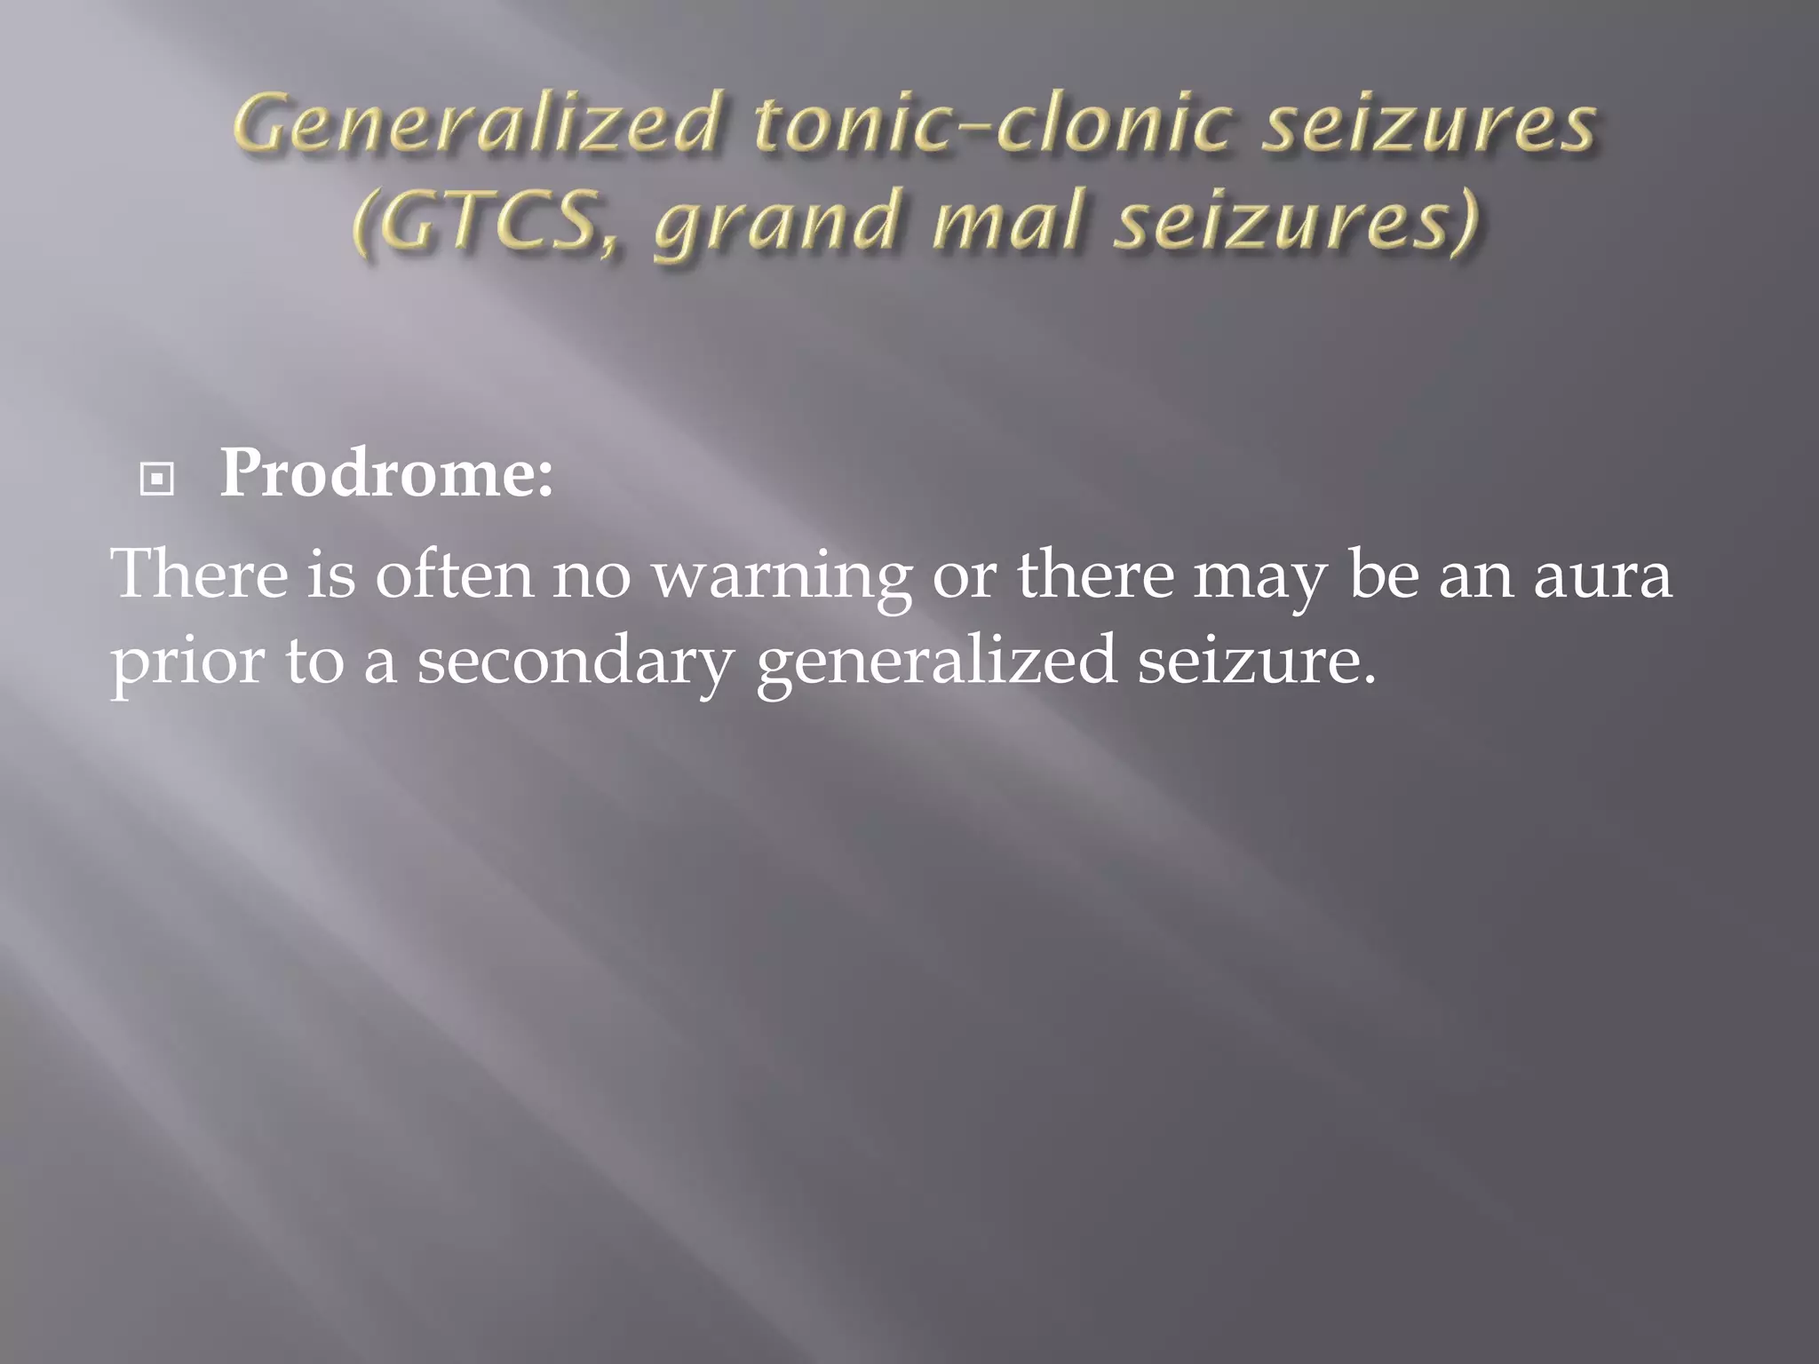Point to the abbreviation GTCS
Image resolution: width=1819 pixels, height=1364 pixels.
pos(480,222)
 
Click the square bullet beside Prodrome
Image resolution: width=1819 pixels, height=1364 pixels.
pos(157,480)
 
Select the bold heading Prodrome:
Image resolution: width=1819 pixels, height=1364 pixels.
pos(386,474)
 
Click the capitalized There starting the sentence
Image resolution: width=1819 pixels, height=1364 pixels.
pos(200,574)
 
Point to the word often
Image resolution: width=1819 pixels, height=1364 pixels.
pos(454,574)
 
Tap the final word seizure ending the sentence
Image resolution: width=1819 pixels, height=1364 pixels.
pos(1256,661)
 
